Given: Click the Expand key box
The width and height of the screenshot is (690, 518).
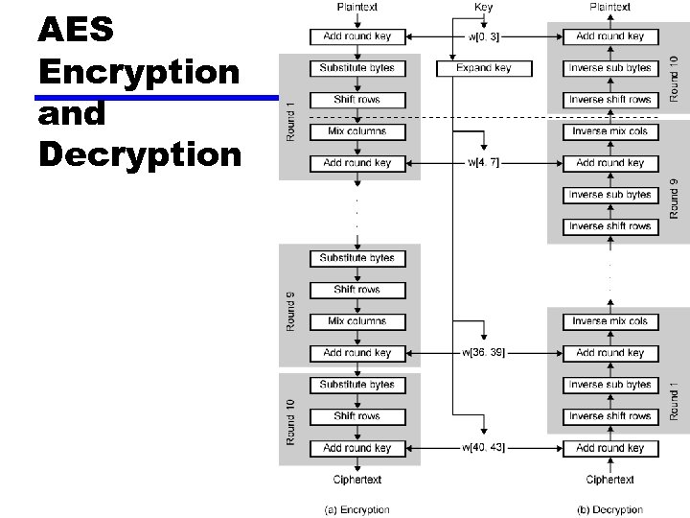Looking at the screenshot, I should [x=483, y=68].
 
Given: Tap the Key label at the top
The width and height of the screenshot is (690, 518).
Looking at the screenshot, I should [x=484, y=7].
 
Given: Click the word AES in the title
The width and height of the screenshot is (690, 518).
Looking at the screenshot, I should [x=76, y=31].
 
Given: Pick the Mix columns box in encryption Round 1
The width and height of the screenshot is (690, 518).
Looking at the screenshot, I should [x=356, y=131].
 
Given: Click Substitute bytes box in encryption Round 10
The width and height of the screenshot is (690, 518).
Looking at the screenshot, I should [x=356, y=385].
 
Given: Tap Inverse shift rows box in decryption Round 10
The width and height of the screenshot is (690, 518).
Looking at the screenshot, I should [x=610, y=100].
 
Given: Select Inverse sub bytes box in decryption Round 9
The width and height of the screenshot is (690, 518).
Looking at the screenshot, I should [x=610, y=195].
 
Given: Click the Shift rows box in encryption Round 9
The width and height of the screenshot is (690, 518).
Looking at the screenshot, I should [x=356, y=290].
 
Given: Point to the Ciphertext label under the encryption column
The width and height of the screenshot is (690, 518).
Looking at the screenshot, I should [x=356, y=480].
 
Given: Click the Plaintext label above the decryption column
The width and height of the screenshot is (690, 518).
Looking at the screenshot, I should [x=610, y=7].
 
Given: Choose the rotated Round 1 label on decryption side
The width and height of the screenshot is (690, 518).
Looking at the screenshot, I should [x=674, y=400].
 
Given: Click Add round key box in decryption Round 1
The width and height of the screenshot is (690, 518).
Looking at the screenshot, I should [x=610, y=448].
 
